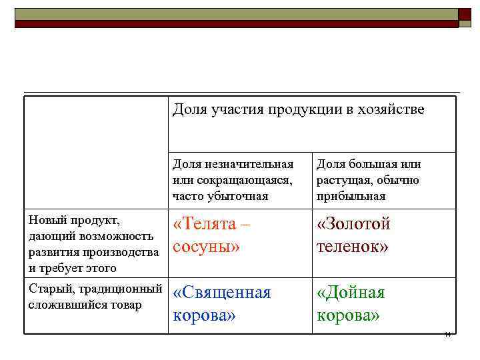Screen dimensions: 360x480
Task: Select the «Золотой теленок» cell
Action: [353, 235]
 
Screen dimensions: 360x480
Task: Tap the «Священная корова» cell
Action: [221, 304]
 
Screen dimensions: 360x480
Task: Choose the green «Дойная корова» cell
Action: [351, 304]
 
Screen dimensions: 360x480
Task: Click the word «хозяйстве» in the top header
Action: [391, 109]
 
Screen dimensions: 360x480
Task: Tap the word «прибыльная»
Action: [351, 196]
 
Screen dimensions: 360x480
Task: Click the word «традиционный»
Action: [122, 289]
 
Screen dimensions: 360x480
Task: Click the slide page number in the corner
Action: [447, 335]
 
